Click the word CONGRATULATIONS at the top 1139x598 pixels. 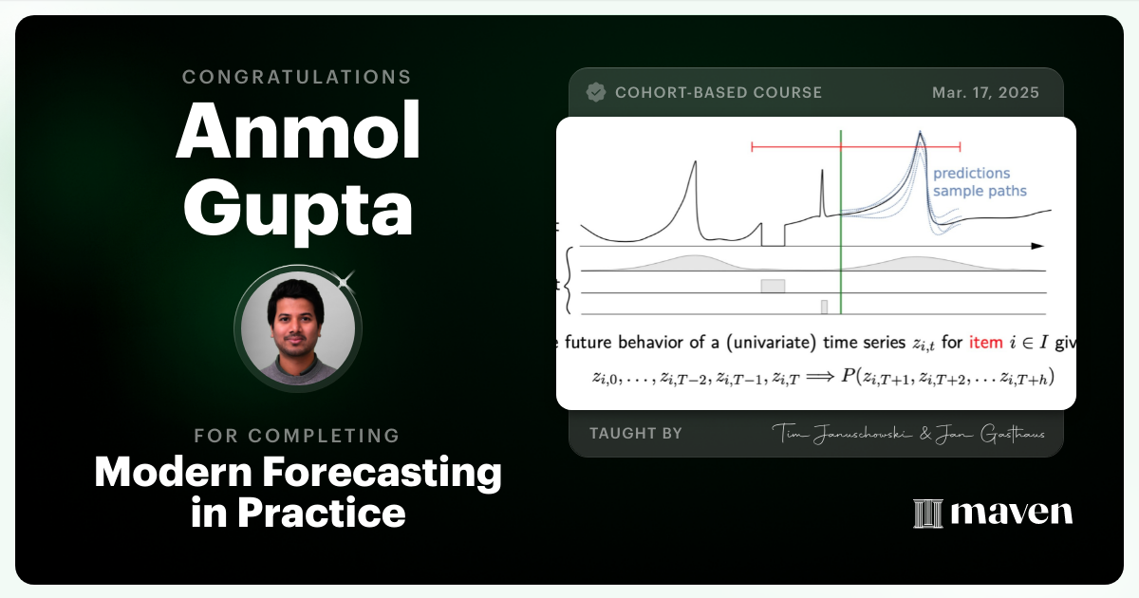297,76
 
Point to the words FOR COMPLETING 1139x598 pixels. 297,436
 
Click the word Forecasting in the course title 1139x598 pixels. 393,473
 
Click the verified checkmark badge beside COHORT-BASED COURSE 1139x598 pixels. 596,92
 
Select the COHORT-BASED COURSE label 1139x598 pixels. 719,93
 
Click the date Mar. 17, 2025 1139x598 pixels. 985,93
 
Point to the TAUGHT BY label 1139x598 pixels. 635,434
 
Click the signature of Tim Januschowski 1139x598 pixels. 838,434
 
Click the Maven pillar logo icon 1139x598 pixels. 926,514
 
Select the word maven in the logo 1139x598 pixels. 1011,514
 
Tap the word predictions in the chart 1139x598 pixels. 971,174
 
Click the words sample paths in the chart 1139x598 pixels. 979,192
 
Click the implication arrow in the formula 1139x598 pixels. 818,377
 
